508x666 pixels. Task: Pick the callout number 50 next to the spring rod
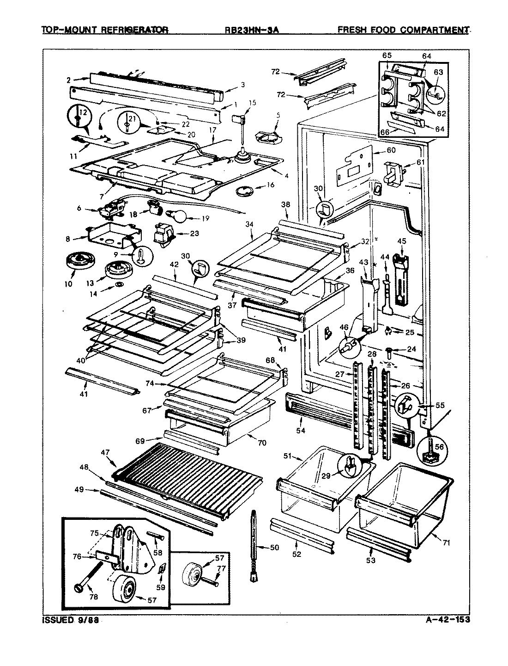click(274, 548)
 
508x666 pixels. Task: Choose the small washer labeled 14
click(119, 284)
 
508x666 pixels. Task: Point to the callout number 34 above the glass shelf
click(250, 224)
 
